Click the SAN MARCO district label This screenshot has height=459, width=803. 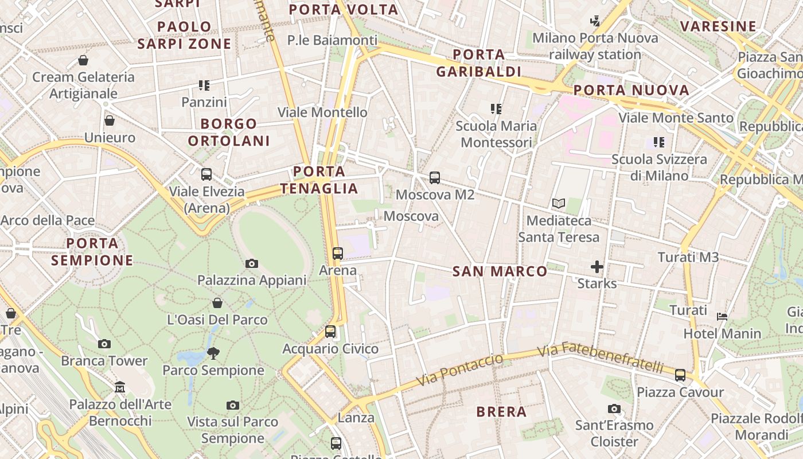coord(500,271)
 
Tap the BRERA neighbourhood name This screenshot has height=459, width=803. coord(501,411)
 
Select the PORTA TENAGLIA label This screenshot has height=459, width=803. coord(319,180)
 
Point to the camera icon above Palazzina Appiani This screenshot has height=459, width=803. coord(251,264)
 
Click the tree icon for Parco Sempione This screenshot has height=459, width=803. coord(213,353)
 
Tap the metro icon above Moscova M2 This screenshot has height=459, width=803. coord(435,178)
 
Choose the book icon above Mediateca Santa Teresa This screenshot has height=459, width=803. coord(558,203)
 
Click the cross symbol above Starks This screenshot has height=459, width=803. coord(597,267)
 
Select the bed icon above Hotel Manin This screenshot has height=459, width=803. coord(722,317)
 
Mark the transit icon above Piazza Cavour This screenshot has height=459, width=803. coord(680,375)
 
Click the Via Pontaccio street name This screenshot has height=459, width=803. coord(459,370)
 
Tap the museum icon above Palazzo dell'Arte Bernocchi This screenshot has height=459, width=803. coord(120,387)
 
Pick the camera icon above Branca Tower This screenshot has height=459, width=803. coord(104,344)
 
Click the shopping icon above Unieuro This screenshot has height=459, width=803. coord(109,120)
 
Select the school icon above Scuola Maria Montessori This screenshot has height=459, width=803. coord(496,109)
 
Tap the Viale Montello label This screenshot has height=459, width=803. coord(322,112)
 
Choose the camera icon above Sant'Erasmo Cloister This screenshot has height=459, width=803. coord(614,409)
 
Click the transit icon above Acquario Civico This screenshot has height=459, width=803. coord(330,332)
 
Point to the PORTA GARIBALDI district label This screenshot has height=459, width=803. coord(478,63)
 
